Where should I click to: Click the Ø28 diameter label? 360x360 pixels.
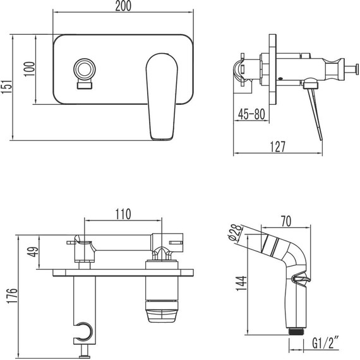pyautogui.click(x=233, y=236)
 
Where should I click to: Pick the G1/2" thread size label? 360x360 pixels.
pyautogui.click(x=328, y=345)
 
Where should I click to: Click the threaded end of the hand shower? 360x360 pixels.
pyautogui.click(x=295, y=329)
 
